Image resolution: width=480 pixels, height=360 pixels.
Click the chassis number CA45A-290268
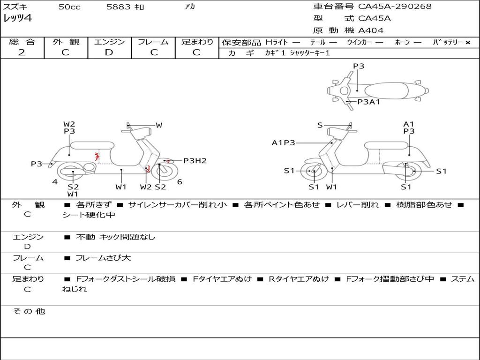(395, 7)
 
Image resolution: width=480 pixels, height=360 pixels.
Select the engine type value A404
(370, 30)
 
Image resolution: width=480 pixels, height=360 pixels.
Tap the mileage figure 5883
(119, 7)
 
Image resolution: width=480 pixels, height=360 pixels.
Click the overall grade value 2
(22, 52)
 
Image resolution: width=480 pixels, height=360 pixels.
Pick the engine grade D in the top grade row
(109, 52)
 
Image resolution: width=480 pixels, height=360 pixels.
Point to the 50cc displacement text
(69, 7)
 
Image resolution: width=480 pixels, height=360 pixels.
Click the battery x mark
(468, 43)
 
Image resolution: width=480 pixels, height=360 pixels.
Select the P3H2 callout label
(195, 161)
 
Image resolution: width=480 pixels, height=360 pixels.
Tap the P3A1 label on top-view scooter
(368, 102)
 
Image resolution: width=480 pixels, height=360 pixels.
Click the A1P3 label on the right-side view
(283, 142)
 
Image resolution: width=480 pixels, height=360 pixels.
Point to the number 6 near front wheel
(180, 182)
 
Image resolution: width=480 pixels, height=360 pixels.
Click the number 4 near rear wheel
(55, 182)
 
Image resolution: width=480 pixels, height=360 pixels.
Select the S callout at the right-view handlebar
(320, 125)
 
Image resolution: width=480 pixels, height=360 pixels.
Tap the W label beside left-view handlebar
(159, 125)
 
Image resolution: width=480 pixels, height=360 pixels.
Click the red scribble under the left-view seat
(97, 156)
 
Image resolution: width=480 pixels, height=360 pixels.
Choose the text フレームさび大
(103, 258)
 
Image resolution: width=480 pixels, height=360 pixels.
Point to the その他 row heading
(29, 311)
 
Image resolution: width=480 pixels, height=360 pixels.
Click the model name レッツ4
(17, 18)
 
